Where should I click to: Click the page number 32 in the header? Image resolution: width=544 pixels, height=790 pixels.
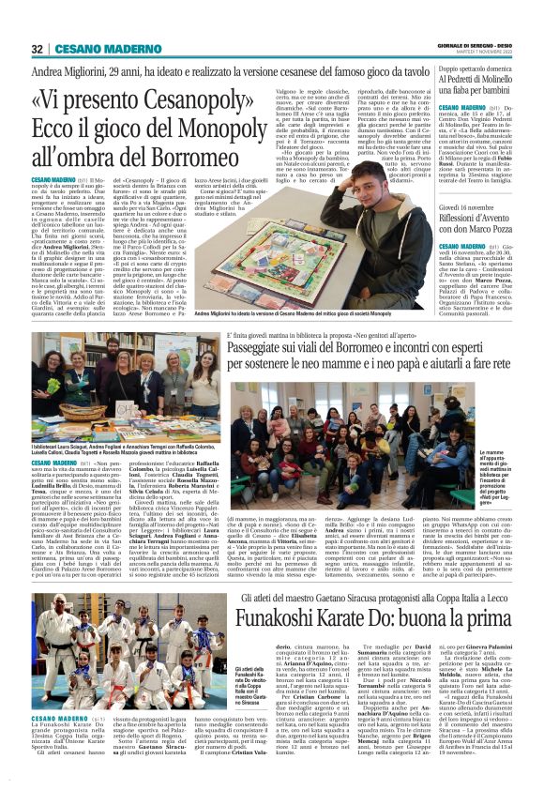coord(37,49)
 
